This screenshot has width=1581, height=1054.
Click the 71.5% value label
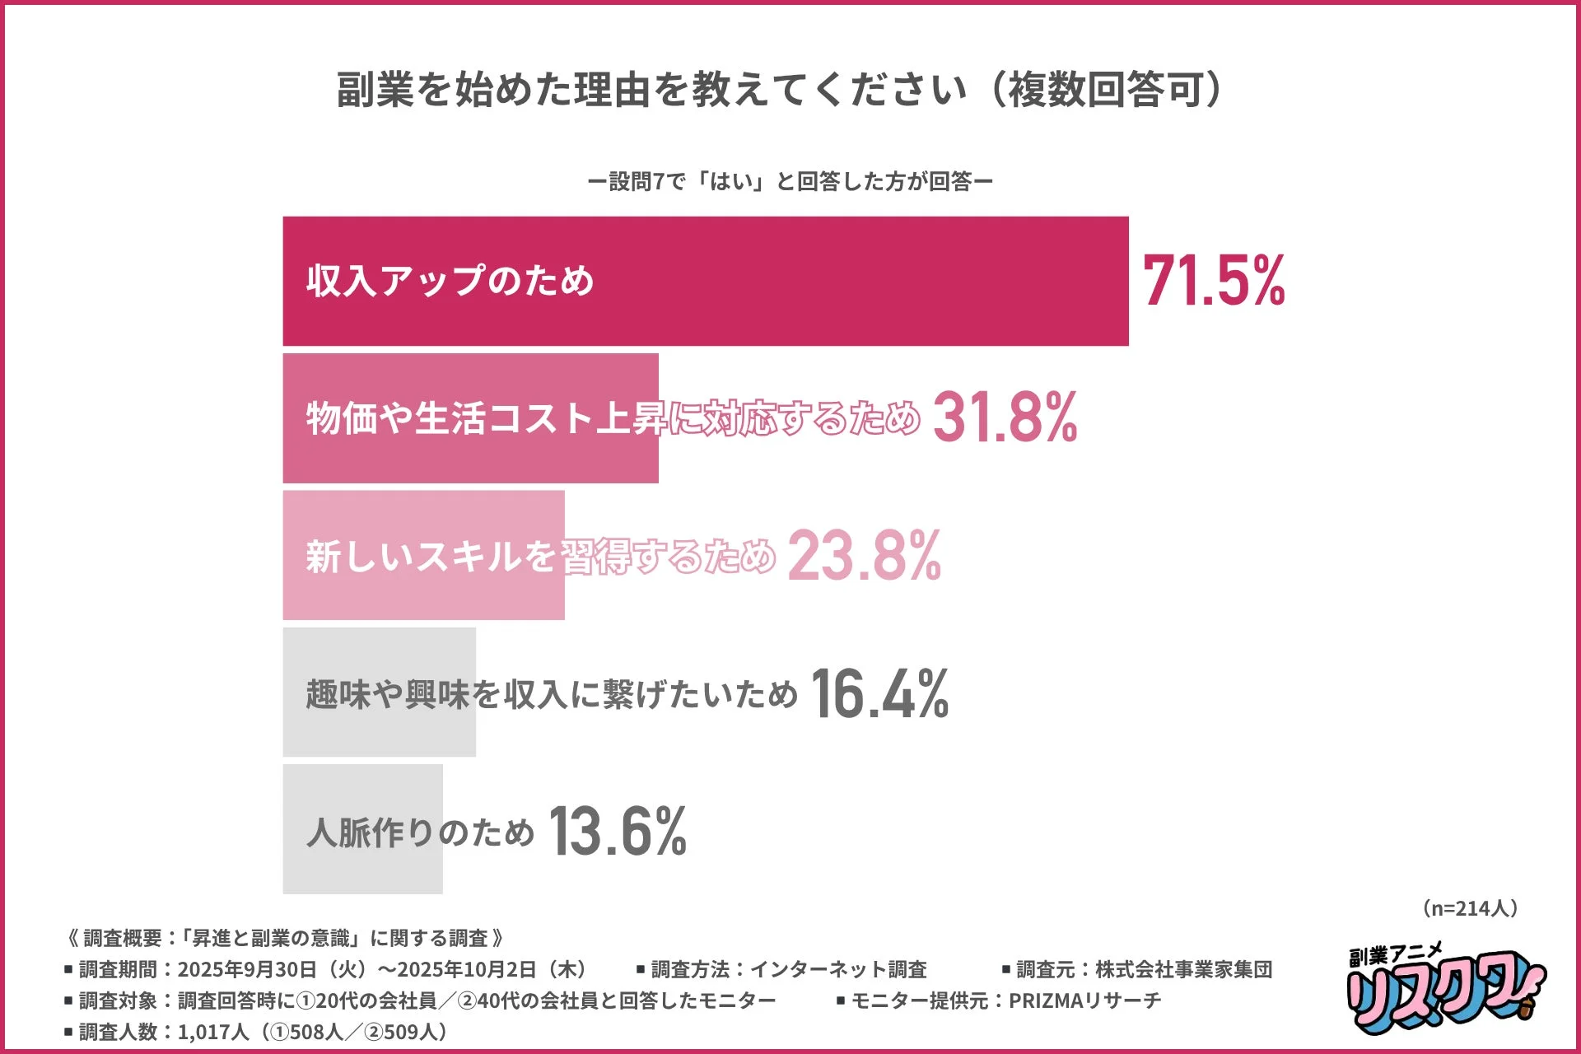(1213, 281)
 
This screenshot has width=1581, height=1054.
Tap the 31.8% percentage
(1005, 417)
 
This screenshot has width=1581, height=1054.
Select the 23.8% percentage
(864, 556)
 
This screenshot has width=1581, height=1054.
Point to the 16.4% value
(879, 693)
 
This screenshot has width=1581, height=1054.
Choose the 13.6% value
(618, 831)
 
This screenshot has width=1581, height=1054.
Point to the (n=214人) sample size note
(1469, 908)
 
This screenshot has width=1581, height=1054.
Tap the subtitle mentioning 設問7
(790, 181)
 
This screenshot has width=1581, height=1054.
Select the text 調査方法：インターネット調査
(782, 970)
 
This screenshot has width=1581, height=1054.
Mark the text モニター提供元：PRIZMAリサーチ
(999, 1000)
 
